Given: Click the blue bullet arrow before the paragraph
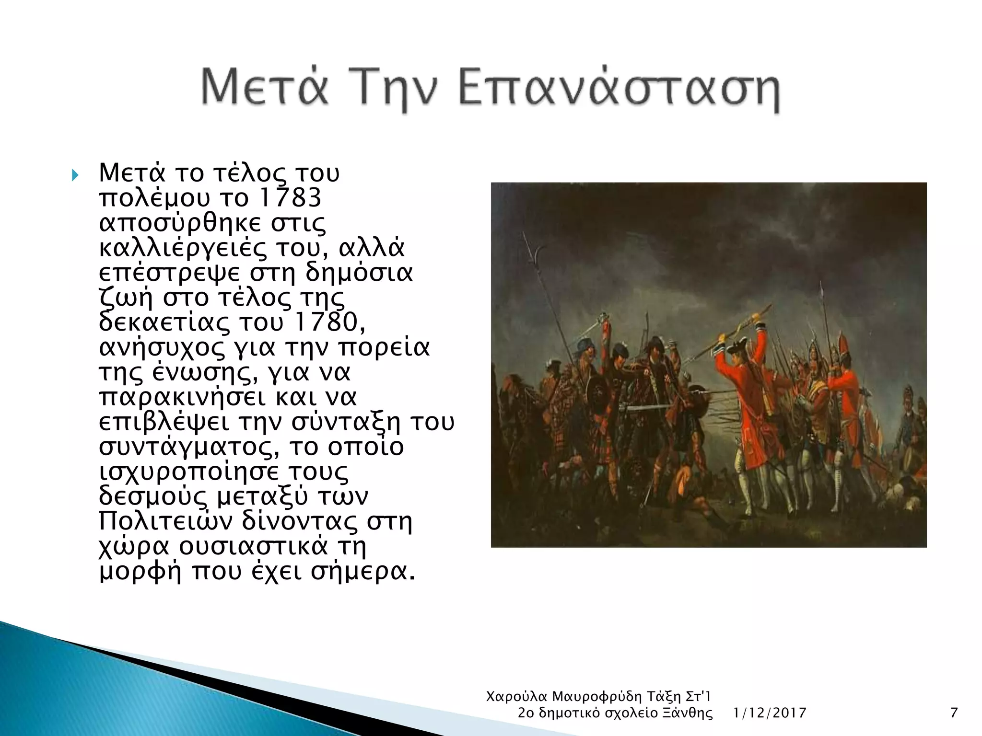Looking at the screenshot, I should click(75, 175).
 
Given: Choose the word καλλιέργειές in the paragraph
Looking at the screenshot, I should click(183, 248).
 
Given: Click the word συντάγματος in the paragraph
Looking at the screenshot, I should click(190, 447).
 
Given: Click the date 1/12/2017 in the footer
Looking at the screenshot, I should click(770, 713).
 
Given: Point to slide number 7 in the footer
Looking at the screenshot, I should click(954, 713).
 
